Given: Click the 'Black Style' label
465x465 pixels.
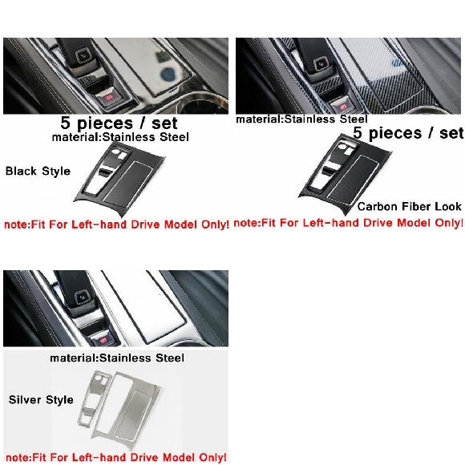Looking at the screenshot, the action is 38,171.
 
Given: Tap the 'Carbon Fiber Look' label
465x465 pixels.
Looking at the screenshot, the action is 409,206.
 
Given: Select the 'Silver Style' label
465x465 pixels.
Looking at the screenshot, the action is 41,399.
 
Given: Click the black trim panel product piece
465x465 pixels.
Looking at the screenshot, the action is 119,179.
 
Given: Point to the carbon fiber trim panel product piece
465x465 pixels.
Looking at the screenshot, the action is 346,173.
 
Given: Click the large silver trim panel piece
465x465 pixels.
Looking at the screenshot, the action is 127,408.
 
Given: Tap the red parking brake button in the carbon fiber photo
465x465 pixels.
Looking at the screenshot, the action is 342,106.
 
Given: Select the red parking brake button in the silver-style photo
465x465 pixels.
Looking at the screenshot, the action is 103,340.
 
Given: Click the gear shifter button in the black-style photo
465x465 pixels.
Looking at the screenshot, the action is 82,55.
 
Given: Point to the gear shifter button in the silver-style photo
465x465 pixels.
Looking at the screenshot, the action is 82,297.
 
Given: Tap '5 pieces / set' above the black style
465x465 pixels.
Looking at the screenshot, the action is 119,123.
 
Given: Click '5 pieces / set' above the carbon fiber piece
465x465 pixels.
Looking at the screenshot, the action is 408,133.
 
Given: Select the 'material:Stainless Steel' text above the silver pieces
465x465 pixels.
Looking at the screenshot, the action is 117,358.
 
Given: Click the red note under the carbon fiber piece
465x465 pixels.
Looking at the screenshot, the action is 349,223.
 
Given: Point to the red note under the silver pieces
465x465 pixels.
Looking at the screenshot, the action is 116,457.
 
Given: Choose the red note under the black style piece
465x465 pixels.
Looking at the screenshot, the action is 117,224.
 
